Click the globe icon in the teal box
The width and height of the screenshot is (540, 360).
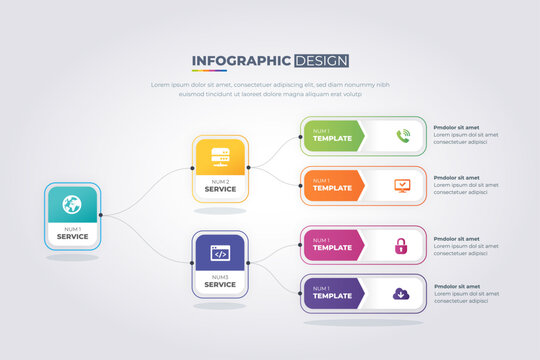(x=72, y=206)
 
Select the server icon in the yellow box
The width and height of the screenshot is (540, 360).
(x=220, y=157)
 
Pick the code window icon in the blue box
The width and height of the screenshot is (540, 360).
(x=220, y=253)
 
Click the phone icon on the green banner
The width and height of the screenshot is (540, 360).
(x=403, y=136)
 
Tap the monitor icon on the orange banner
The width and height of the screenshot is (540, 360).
(x=403, y=185)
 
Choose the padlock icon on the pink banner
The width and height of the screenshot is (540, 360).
(x=402, y=245)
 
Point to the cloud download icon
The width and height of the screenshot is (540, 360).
(x=401, y=294)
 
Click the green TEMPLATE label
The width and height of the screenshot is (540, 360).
(x=333, y=139)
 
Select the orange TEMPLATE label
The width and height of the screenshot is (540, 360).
(x=333, y=188)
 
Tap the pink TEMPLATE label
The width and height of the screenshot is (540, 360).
(x=333, y=248)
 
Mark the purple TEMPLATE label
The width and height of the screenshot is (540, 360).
(x=333, y=297)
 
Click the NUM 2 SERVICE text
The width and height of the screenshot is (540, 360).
(x=220, y=185)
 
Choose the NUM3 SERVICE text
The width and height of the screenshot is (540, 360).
(x=220, y=281)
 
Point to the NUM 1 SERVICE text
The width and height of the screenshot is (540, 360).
(x=72, y=234)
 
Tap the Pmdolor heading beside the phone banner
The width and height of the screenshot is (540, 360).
(x=456, y=127)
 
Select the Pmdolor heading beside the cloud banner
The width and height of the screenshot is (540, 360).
(x=456, y=286)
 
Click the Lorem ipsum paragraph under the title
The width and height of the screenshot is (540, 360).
(x=270, y=90)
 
